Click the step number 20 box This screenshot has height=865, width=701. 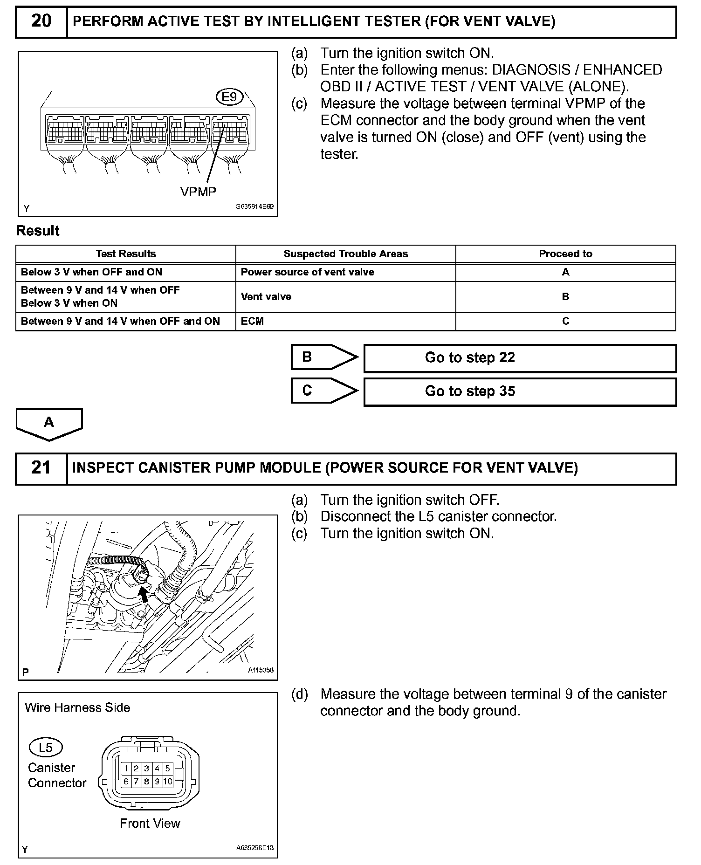pyautogui.click(x=41, y=21)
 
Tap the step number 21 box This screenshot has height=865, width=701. pyautogui.click(x=41, y=468)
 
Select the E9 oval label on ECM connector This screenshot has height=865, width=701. pyautogui.click(x=230, y=97)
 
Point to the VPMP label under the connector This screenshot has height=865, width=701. pyautogui.click(x=198, y=192)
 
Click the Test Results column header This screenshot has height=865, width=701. pyautogui.click(x=126, y=254)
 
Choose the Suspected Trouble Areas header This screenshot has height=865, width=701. pyautogui.click(x=345, y=254)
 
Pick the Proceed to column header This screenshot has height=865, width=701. pyautogui.click(x=565, y=254)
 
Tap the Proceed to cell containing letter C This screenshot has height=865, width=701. pyautogui.click(x=565, y=321)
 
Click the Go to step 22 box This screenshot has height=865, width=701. pyautogui.click(x=520, y=358)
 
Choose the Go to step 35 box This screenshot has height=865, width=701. pyautogui.click(x=520, y=391)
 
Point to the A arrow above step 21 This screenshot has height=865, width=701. pyautogui.click(x=49, y=423)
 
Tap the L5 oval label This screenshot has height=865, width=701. pyautogui.click(x=46, y=748)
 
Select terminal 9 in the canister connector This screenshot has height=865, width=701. pyautogui.click(x=157, y=782)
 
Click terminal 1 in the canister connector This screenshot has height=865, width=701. pyautogui.click(x=126, y=769)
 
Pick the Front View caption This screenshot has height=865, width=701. pyautogui.click(x=150, y=824)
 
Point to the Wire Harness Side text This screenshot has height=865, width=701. pyautogui.click(x=77, y=707)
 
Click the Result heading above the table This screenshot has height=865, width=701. pyautogui.click(x=38, y=231)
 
